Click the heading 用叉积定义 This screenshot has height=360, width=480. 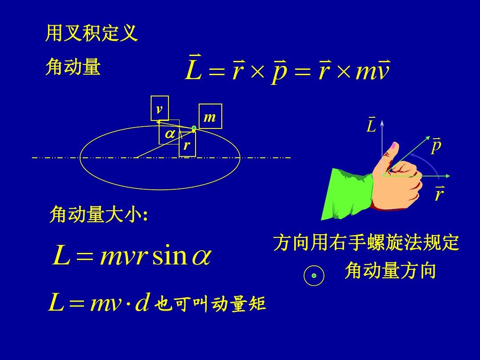point(92,33)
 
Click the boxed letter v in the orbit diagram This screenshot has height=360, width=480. point(160,108)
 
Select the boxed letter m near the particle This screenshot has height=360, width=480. point(210,116)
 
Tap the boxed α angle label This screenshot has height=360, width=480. point(169,132)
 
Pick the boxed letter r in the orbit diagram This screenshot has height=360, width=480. point(187,144)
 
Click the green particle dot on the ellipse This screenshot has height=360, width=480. point(194,128)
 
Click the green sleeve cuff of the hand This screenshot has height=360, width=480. point(348,193)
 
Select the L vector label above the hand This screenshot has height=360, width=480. point(371,124)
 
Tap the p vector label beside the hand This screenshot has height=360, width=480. point(436,146)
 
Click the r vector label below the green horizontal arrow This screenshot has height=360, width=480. point(439,193)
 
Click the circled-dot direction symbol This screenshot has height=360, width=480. point(314,276)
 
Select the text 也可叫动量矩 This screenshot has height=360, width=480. point(210,304)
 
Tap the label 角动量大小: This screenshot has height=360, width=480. point(99,214)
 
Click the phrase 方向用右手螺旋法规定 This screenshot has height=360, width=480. point(366,243)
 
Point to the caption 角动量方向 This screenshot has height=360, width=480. point(390,270)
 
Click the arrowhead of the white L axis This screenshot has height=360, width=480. point(382,123)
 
